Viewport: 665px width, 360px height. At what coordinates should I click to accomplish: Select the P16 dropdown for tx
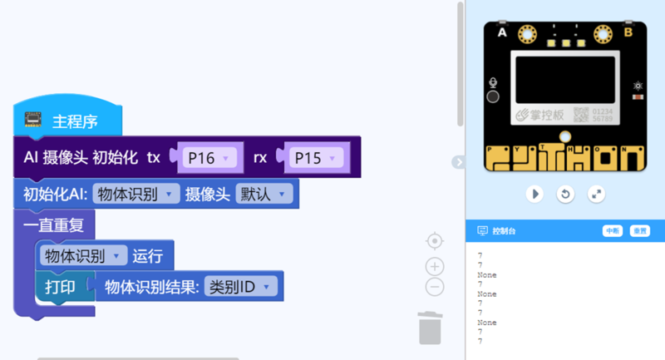(x=207, y=158)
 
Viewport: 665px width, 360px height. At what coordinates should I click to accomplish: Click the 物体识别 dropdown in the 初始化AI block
(x=136, y=195)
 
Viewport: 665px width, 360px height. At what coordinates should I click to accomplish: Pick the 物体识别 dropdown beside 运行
(x=83, y=255)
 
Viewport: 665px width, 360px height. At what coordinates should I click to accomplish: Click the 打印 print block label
(x=60, y=287)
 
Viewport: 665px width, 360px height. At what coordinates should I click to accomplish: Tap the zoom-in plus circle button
(x=434, y=266)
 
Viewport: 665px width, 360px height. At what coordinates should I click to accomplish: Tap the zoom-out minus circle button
(x=434, y=287)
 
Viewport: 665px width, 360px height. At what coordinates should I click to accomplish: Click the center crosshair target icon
(x=434, y=241)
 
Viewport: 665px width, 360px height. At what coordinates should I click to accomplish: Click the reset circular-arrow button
(x=565, y=194)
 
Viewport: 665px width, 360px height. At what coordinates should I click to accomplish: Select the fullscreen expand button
(x=596, y=194)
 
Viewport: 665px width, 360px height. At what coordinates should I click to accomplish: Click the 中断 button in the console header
(x=613, y=231)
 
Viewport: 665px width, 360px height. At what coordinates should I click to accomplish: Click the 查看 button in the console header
(x=639, y=231)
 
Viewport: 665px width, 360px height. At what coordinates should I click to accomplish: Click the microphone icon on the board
(x=493, y=82)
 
